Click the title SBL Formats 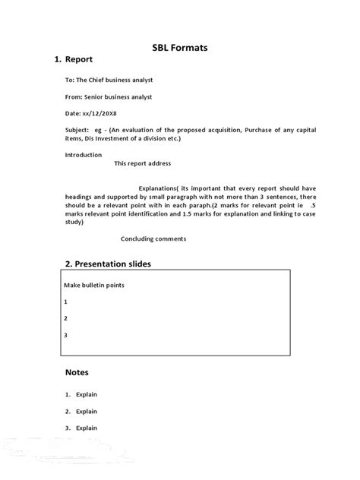tap(180, 48)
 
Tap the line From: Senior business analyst tap(109, 97)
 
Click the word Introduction tap(84, 155)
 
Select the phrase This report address tap(143, 163)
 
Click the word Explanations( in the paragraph tap(158, 188)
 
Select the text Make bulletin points tap(94, 285)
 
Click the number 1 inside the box tap(66, 302)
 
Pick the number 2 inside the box tap(66, 318)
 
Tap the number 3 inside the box tap(66, 335)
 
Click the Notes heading tap(77, 372)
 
